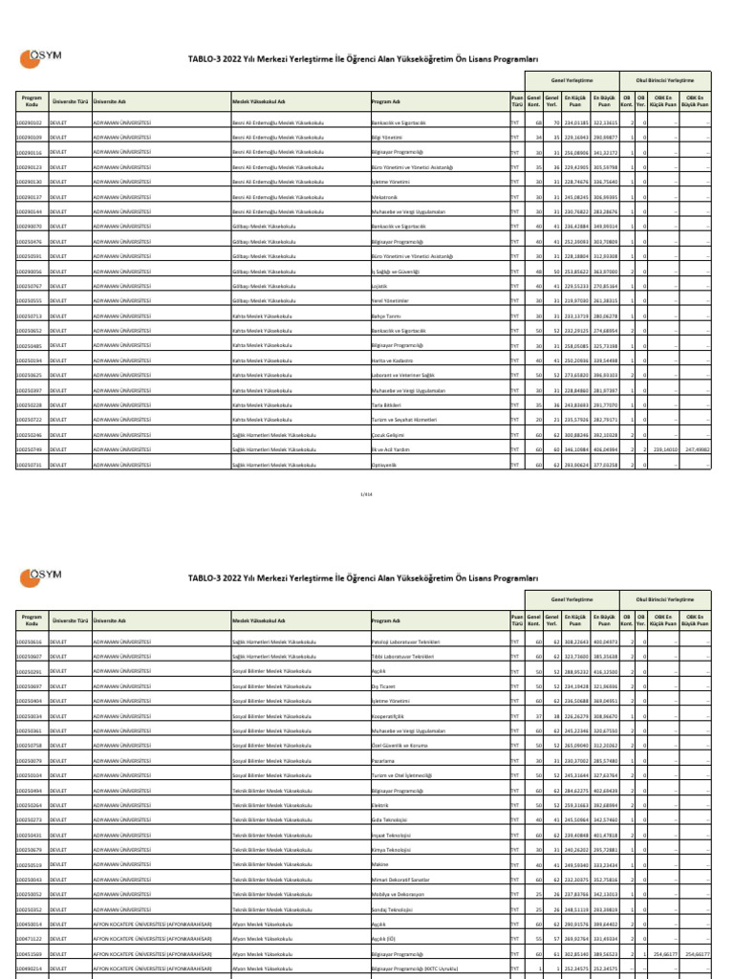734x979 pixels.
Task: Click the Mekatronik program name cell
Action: (385, 196)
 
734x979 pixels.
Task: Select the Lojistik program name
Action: (379, 286)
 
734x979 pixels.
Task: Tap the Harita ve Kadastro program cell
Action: (391, 359)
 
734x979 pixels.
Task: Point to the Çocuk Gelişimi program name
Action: (387, 434)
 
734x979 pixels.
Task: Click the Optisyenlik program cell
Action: (384, 465)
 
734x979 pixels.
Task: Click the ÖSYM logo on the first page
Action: (41, 58)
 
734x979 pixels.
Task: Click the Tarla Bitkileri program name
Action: (386, 404)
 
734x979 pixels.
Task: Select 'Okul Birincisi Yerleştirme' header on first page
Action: (665, 81)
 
